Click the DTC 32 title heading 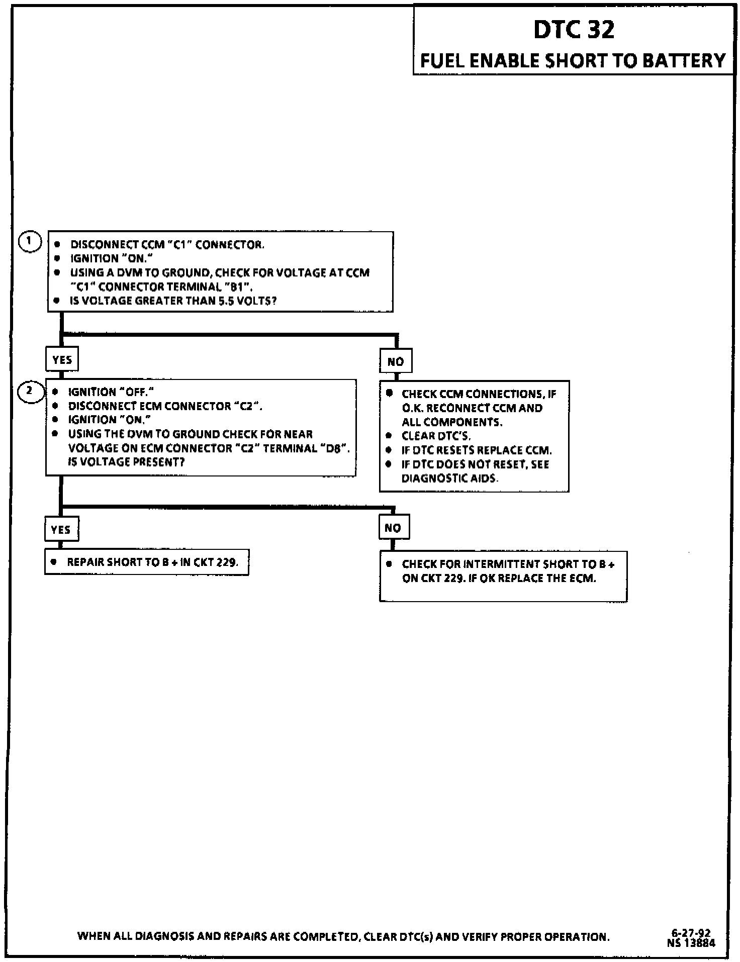point(574,30)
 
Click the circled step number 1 point(30,242)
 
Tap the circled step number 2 point(30,391)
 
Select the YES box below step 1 point(62,360)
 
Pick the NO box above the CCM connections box point(396,361)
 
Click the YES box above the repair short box point(61,530)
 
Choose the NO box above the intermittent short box point(393,528)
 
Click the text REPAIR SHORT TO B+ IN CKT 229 point(152,562)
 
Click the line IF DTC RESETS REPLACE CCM point(476,450)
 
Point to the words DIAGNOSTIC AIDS point(449,478)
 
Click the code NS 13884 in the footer point(691,943)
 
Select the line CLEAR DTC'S point(436,436)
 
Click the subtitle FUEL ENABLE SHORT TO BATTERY point(573,61)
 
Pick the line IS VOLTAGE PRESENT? point(126,462)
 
